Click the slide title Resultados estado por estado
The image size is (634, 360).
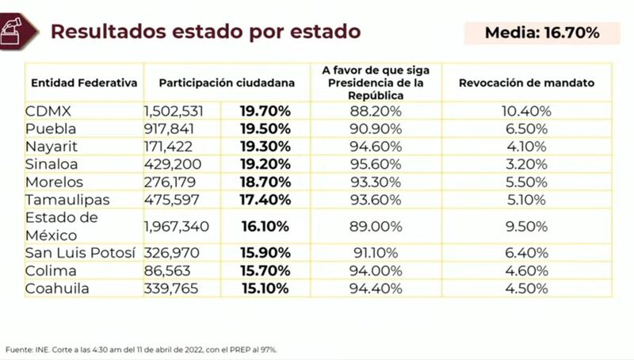pos(205,32)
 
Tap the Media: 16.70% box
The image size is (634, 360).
pos(541,33)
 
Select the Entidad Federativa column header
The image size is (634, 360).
pos(84,82)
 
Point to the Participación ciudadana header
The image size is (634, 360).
pos(227,82)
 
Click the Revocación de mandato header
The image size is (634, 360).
pos(526,82)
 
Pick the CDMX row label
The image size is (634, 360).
pos(47,111)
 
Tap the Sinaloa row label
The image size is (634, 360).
pos(52,164)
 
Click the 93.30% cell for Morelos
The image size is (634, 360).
pos(376,182)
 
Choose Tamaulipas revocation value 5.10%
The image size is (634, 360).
pos(526,200)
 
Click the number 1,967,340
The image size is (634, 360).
pos(177,227)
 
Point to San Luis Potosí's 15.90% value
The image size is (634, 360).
pos(265,253)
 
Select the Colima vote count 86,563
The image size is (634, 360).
pos(167,270)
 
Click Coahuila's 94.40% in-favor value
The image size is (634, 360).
pos(376,289)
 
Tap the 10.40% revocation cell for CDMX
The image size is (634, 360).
pos(526,111)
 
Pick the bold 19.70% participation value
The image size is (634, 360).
pos(265,111)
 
